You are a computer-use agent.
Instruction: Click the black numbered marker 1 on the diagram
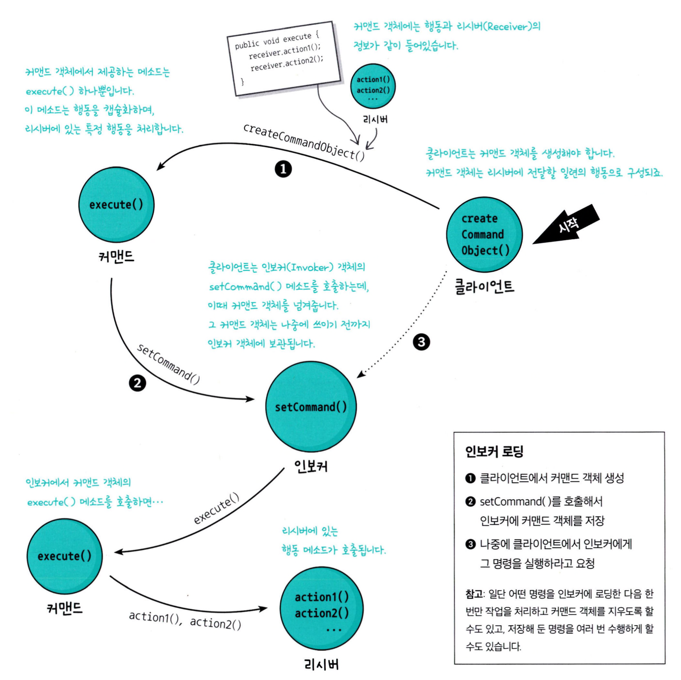click(x=283, y=169)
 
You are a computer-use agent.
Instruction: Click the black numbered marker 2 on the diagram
click(x=137, y=383)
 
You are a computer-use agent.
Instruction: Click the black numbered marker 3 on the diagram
click(x=421, y=342)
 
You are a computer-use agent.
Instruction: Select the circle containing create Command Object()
click(x=484, y=235)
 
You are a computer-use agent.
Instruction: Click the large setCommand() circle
click(x=311, y=407)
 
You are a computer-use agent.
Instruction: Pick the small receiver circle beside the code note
click(x=373, y=86)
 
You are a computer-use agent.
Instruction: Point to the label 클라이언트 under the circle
click(x=484, y=287)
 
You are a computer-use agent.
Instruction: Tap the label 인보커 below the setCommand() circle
click(x=311, y=466)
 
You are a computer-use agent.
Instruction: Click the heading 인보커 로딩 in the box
click(x=494, y=451)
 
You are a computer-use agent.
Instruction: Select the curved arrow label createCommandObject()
click(x=304, y=142)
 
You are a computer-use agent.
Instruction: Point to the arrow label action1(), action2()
click(x=185, y=620)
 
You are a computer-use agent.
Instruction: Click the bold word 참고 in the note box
click(x=474, y=594)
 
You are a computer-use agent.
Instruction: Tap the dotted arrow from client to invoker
click(x=406, y=333)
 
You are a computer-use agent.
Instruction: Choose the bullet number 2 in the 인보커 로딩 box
click(x=470, y=502)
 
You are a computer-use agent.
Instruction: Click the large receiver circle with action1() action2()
click(x=321, y=609)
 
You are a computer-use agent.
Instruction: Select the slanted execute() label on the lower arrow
click(x=216, y=509)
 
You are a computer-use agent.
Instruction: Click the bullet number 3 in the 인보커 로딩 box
click(x=470, y=544)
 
